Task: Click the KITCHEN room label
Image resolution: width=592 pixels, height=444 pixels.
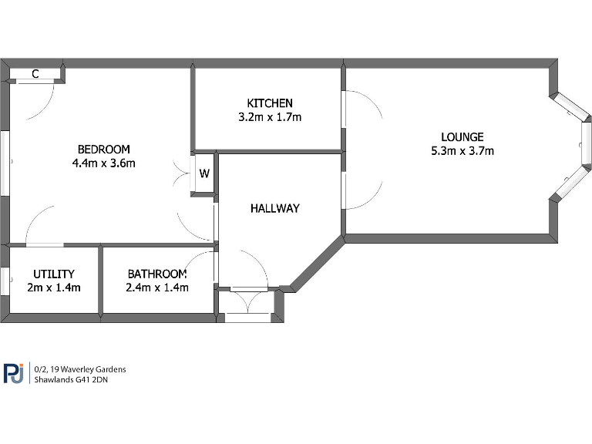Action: tap(270, 103)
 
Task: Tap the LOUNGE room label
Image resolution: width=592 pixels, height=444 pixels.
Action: tap(462, 137)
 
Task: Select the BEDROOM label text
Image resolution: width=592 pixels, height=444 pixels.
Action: tap(104, 149)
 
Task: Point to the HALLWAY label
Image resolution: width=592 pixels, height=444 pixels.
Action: tap(274, 208)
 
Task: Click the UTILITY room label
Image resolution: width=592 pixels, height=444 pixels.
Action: tap(54, 274)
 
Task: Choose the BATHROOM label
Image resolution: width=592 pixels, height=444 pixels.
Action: tap(157, 274)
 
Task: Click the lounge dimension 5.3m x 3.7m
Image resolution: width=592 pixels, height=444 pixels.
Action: tap(462, 151)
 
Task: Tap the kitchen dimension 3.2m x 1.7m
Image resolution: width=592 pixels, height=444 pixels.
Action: tap(270, 117)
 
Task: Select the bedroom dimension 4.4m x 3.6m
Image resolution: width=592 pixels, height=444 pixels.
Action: tap(104, 163)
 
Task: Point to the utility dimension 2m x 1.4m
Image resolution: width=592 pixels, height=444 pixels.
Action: tap(54, 288)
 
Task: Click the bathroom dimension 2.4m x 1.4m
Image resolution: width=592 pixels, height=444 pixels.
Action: tap(157, 288)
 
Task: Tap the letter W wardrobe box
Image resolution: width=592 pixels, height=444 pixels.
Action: tap(204, 173)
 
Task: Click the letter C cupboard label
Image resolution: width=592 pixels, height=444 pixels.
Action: tap(35, 74)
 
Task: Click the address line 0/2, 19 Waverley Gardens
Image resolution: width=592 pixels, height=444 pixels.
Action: tap(79, 369)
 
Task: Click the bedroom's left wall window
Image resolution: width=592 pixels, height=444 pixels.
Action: tap(5, 163)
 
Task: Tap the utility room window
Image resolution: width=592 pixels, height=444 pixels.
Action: tap(5, 280)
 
